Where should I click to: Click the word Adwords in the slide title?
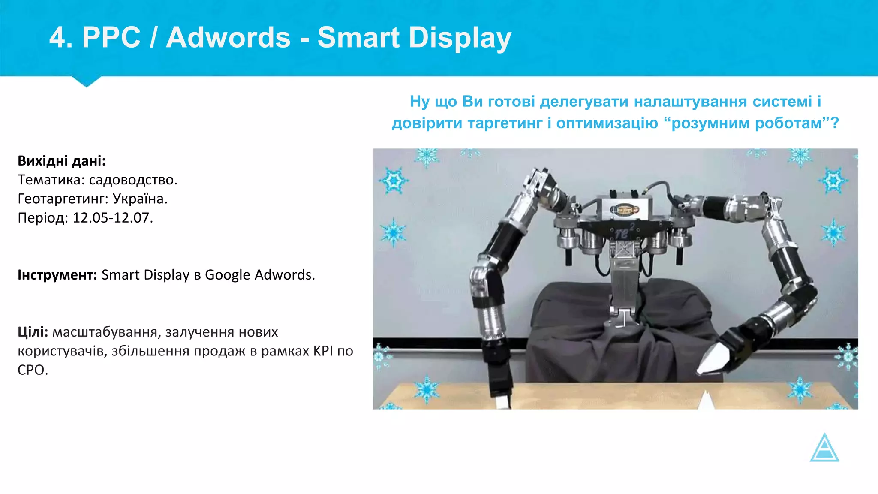pyautogui.click(x=228, y=38)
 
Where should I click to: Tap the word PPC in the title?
pyautogui.click(x=111, y=38)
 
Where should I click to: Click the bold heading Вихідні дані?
pyautogui.click(x=62, y=161)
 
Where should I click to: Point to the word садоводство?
pyautogui.click(x=133, y=180)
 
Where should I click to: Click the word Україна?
pyautogui.click(x=140, y=199)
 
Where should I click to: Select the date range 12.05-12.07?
pyautogui.click(x=113, y=218)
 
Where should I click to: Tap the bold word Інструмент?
pyautogui.click(x=57, y=275)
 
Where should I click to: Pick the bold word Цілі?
pyautogui.click(x=33, y=332)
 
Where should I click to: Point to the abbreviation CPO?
pyautogui.click(x=33, y=370)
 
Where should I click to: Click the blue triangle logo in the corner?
pyautogui.click(x=824, y=449)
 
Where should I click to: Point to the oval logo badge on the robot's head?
pyautogui.click(x=625, y=210)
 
